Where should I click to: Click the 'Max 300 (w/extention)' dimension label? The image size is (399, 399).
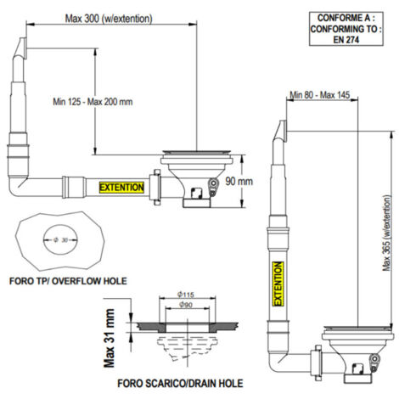[109, 19]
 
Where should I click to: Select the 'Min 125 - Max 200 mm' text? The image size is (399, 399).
[93, 102]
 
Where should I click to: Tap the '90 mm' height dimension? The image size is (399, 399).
[239, 181]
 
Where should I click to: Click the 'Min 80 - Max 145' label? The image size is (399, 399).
[319, 95]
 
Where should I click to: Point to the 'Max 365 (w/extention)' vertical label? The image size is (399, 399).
[387, 233]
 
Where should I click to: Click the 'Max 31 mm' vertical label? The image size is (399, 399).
[110, 338]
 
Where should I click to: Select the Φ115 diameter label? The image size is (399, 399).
[186, 295]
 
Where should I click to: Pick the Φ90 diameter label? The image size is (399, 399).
[186, 305]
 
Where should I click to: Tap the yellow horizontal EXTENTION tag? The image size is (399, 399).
[121, 188]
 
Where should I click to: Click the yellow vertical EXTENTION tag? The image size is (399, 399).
[278, 284]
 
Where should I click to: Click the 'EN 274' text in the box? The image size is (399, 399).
[346, 40]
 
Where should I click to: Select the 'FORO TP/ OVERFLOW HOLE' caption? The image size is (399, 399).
[68, 281]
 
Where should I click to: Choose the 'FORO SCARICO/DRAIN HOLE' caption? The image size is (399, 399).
[180, 384]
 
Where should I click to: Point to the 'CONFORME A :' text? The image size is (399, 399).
[346, 18]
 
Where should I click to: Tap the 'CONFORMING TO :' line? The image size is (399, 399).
[346, 29]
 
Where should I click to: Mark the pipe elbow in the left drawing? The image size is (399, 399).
[18, 186]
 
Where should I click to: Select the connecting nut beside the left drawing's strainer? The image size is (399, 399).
[155, 187]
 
